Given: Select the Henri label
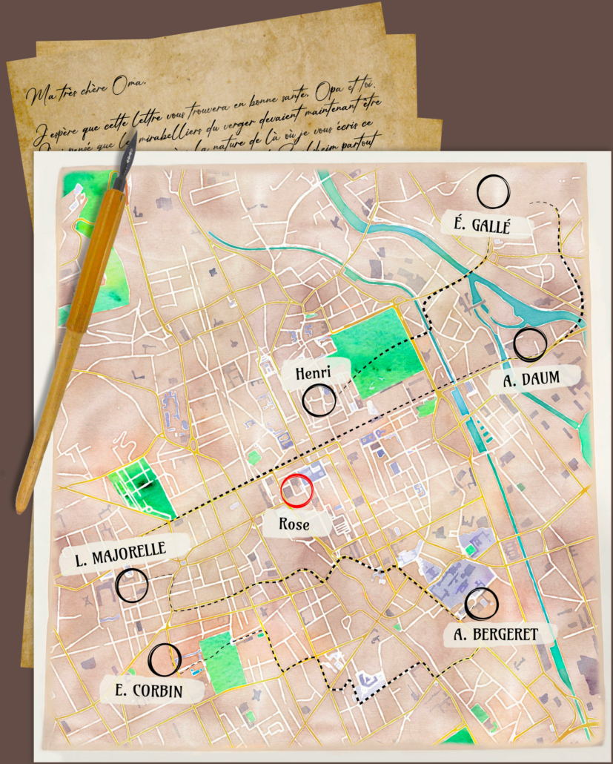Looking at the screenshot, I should (312, 372).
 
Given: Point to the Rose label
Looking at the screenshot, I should (294, 524).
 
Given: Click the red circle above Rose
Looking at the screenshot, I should (298, 490).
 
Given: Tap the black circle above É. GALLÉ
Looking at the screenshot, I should (493, 191).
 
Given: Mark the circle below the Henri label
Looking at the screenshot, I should (319, 401).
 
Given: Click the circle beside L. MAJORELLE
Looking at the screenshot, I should (132, 585).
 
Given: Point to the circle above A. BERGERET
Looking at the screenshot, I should (481, 604).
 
